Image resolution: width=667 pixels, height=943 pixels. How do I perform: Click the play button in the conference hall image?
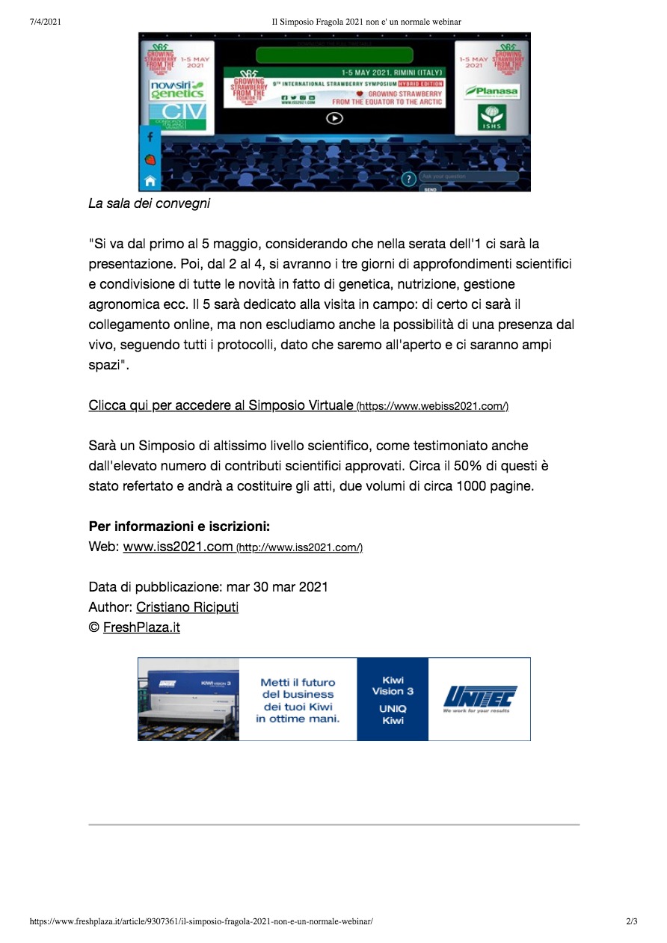335,117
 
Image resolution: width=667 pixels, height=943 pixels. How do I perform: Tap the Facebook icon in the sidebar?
150,137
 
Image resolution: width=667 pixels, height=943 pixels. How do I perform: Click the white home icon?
150,180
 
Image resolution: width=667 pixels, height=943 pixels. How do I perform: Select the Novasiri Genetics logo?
176,90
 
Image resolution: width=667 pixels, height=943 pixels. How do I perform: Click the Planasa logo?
491,91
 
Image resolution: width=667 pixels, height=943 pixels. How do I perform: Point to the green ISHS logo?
491,118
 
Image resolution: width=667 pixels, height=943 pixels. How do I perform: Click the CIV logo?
176,117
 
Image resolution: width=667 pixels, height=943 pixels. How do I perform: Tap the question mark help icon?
409,179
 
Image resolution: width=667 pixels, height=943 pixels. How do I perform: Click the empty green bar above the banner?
334,55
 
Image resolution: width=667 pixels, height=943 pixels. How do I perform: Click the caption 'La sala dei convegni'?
150,203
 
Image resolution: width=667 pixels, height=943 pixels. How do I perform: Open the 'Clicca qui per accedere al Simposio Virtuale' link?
221,405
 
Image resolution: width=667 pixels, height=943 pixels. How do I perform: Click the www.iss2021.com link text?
178,547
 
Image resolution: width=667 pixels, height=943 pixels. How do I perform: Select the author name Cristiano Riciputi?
187,607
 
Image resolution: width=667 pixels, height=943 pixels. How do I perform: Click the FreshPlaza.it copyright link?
141,627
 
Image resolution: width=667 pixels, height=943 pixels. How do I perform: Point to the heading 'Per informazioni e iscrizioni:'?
179,526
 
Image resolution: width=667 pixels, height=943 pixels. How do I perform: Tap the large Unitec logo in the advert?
479,698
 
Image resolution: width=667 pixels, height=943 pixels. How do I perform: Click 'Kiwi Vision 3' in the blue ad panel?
393,686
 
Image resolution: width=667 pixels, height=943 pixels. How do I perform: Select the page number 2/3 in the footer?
632,921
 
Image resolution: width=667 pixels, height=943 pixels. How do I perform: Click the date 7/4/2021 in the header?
45,22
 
